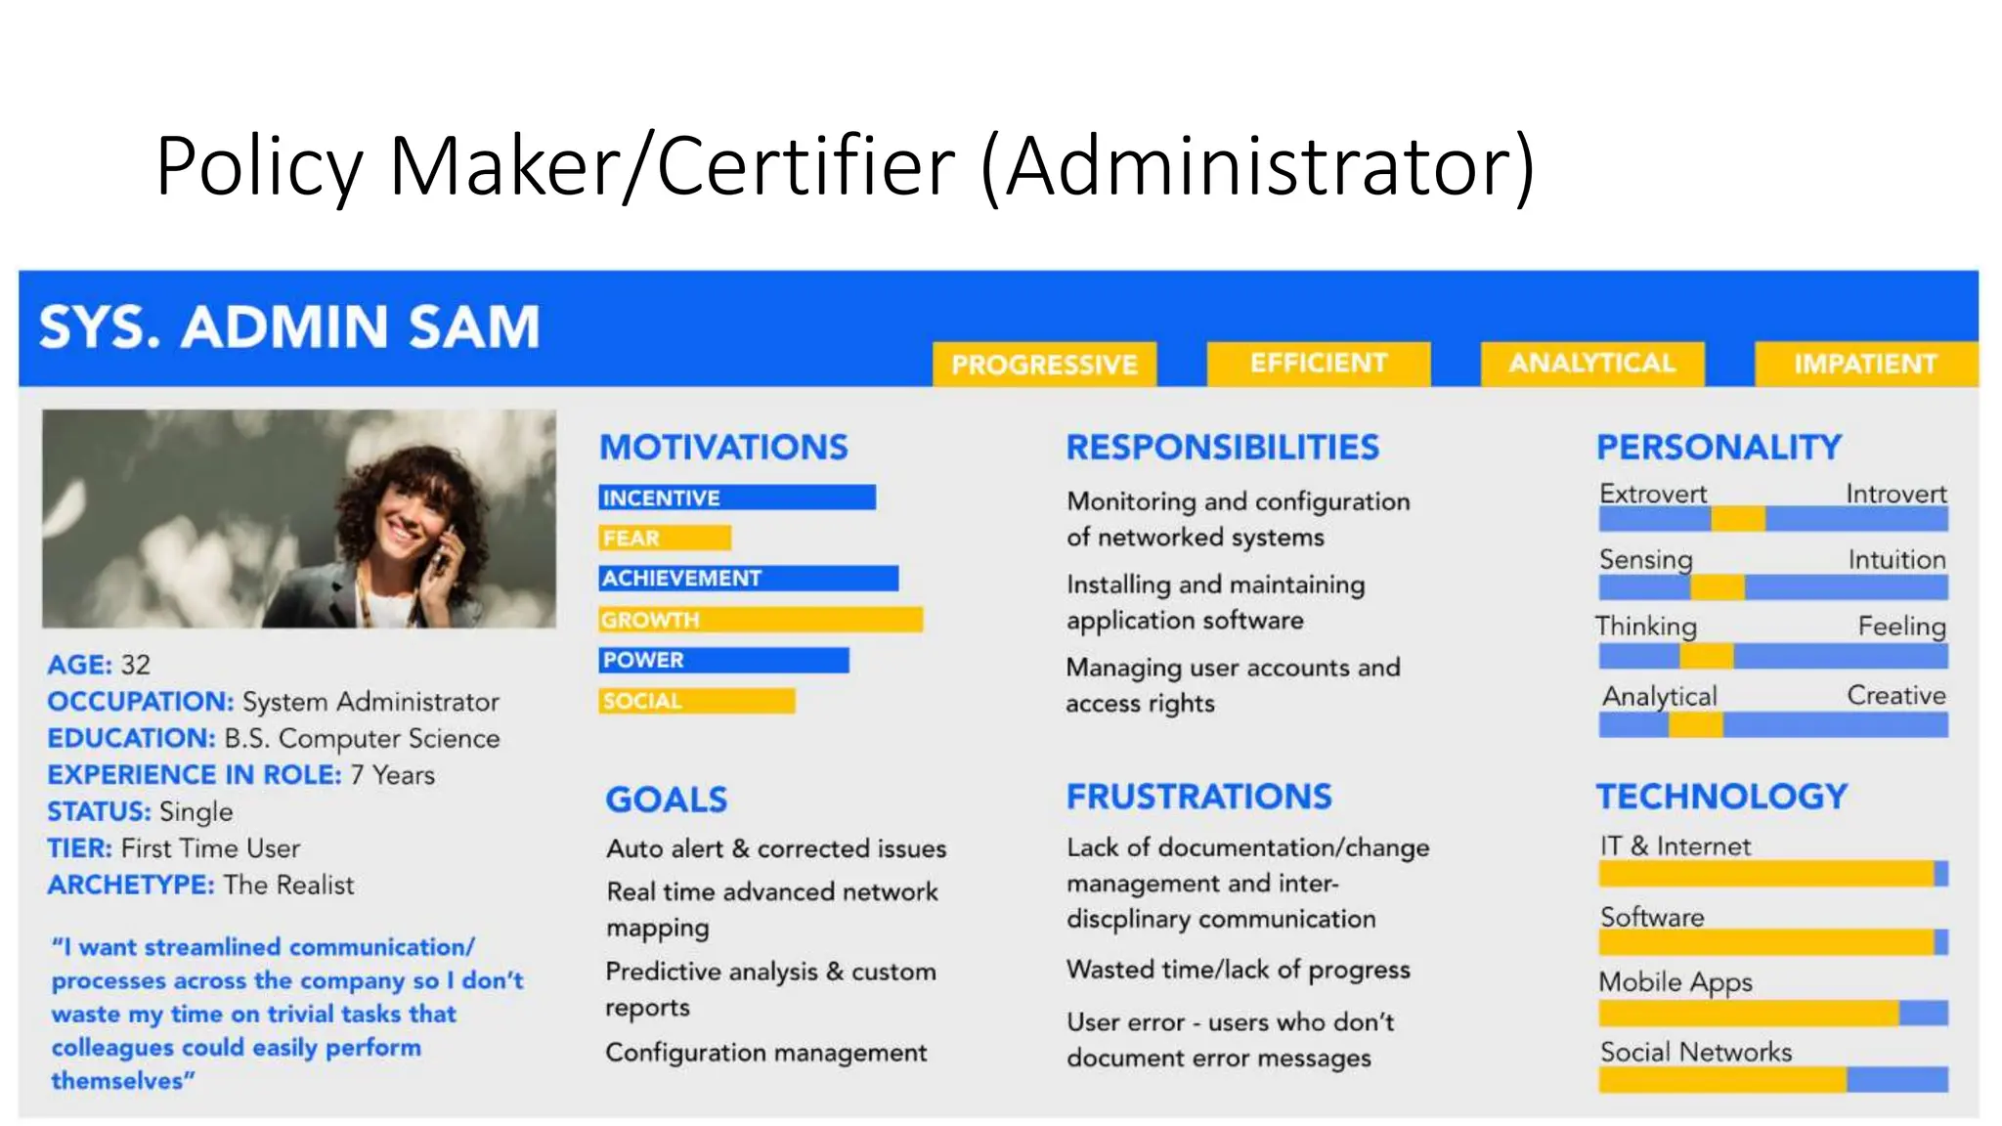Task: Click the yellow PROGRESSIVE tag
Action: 1044,365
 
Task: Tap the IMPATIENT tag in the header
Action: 1865,364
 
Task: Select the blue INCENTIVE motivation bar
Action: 737,498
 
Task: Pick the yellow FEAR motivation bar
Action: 665,539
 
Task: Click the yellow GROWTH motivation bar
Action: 761,620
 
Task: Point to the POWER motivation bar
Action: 723,661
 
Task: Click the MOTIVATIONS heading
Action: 723,448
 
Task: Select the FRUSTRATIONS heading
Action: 1198,797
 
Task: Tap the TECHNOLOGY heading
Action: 1721,797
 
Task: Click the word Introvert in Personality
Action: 1895,494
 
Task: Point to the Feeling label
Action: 1901,626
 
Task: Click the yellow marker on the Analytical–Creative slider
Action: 1695,725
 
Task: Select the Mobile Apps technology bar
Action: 1772,1014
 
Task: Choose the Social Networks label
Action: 1696,1052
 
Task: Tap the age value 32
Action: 135,665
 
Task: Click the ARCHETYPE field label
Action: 130,885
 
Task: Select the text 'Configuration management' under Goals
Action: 765,1053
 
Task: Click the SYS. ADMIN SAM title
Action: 289,326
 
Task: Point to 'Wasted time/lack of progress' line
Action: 1238,970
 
